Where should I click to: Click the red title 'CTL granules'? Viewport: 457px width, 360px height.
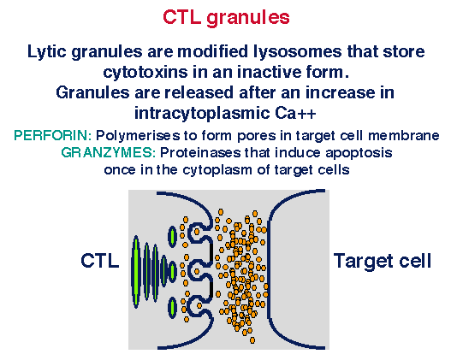226,17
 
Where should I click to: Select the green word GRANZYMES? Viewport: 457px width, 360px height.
109,152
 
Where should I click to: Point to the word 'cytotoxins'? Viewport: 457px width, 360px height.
145,72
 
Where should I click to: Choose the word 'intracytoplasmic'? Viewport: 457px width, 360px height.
202,114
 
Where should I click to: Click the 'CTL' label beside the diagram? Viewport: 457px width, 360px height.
100,261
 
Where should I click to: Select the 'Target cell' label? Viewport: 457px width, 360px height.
383,261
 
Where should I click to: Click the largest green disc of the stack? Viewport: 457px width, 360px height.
135,271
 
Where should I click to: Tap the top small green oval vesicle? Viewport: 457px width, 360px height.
172,237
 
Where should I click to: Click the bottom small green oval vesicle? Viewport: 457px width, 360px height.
173,307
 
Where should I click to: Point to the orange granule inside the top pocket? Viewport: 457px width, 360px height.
197,232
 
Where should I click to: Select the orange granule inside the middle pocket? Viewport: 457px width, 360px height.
197,272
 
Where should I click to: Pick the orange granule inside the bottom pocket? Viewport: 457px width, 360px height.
199,306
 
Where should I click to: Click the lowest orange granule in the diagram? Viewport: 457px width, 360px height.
252,339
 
